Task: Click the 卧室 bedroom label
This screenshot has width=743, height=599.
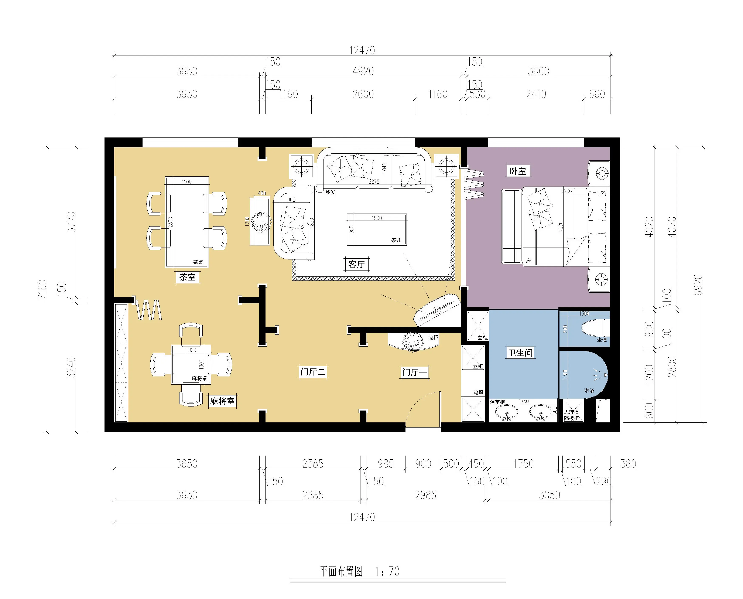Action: (518, 171)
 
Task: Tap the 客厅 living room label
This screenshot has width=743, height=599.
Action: (357, 264)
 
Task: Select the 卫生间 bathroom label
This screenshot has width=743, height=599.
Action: (520, 353)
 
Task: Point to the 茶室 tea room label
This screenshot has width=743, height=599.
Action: (187, 277)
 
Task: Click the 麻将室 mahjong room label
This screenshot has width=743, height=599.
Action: (222, 401)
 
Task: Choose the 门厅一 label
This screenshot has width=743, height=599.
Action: (415, 372)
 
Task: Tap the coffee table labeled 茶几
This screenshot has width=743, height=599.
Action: (377, 229)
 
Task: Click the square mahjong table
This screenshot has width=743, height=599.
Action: (191, 364)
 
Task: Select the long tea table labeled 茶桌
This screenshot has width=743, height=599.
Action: (187, 222)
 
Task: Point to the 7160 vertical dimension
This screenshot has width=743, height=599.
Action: (42, 289)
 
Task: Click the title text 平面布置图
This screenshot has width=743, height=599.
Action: (341, 571)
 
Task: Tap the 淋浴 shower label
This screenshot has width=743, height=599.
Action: (589, 390)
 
